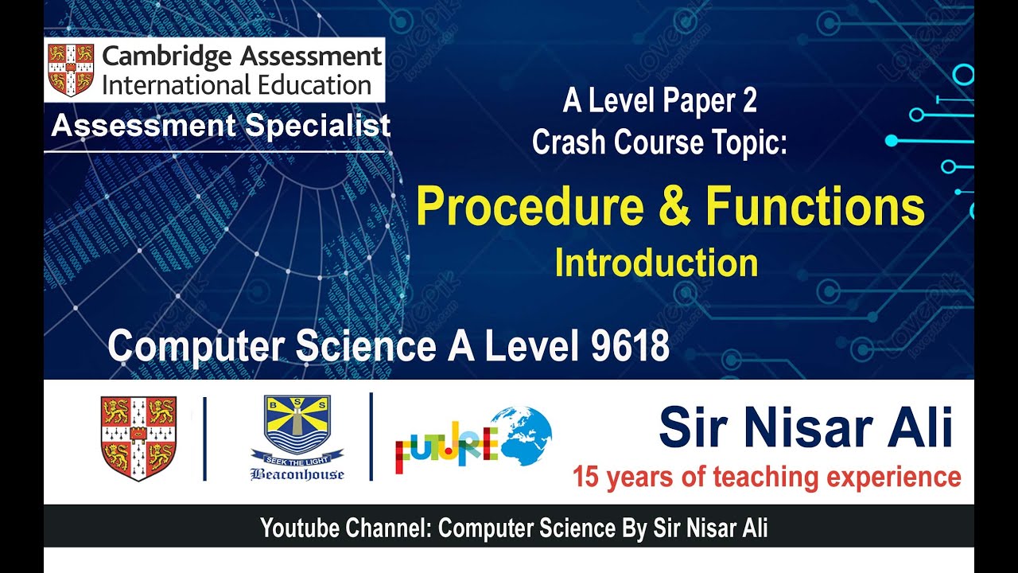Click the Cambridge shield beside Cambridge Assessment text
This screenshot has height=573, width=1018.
(x=71, y=69)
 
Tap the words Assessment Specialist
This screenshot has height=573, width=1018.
(x=220, y=126)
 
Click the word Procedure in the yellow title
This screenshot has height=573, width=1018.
(x=530, y=207)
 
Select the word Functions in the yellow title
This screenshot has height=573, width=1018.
(x=814, y=207)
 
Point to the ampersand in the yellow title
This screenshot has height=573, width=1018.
(x=674, y=207)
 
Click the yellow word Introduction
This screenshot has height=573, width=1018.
(x=656, y=263)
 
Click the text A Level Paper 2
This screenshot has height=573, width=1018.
(x=659, y=101)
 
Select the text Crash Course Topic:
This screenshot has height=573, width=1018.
(x=659, y=142)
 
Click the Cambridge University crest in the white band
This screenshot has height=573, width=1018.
(x=138, y=439)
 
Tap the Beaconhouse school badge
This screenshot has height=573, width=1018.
(x=297, y=430)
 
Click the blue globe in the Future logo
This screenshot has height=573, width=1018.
(x=521, y=436)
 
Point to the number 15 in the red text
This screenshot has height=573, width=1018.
(x=585, y=477)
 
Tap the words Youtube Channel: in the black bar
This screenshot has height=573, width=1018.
(x=345, y=528)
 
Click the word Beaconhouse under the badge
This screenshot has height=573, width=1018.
(x=297, y=474)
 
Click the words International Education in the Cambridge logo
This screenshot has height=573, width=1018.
(x=236, y=84)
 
